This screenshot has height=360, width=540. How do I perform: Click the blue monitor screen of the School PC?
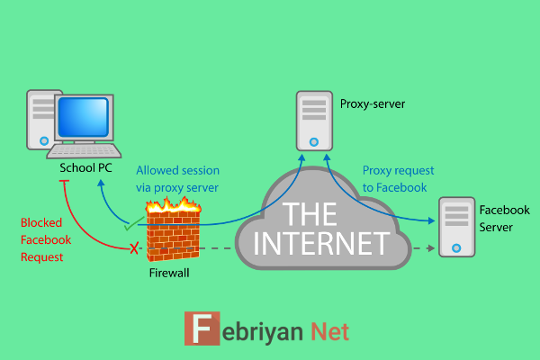coord(84,117)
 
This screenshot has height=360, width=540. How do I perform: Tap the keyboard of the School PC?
coord(84,151)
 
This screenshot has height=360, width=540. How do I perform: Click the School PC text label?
coord(85,167)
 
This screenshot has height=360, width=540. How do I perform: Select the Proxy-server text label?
coord(373,103)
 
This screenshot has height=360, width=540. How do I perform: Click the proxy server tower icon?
coord(314,121)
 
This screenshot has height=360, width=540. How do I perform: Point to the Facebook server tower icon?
coord(456,227)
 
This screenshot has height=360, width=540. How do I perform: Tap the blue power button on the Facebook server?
coord(456,247)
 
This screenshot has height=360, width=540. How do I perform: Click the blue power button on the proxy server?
coord(314,141)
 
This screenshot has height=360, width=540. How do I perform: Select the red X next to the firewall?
coord(134,248)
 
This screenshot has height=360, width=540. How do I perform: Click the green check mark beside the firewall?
coord(134,223)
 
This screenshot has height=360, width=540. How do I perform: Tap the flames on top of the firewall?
coord(173,204)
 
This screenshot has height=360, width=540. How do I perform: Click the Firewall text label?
coord(169,273)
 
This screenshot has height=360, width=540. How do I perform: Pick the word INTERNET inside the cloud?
coord(321,244)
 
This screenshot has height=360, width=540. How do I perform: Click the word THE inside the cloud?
coord(310,213)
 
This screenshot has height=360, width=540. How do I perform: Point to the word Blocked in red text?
coord(41,222)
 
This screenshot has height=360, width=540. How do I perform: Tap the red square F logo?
coord(202,328)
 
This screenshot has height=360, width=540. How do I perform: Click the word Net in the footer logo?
coord(329,331)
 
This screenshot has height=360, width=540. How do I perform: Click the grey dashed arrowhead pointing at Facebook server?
coord(430,248)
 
